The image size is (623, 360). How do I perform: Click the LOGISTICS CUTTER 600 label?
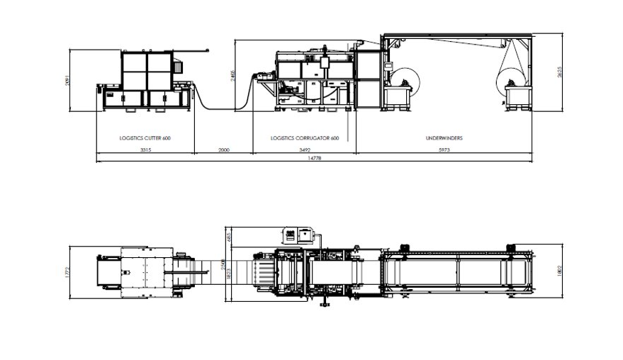coord(145,138)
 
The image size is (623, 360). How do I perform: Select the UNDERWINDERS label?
coord(444,138)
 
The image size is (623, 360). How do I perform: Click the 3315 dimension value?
coord(145,151)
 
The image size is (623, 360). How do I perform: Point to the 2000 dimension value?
coord(223,151)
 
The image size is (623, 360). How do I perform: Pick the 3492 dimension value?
coord(305,151)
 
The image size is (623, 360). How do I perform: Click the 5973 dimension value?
coord(444,151)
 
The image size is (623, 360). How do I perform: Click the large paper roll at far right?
coord(513,71)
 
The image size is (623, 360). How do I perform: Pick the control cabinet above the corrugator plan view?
coord(298,235)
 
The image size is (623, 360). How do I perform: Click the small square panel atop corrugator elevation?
coord(325,62)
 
